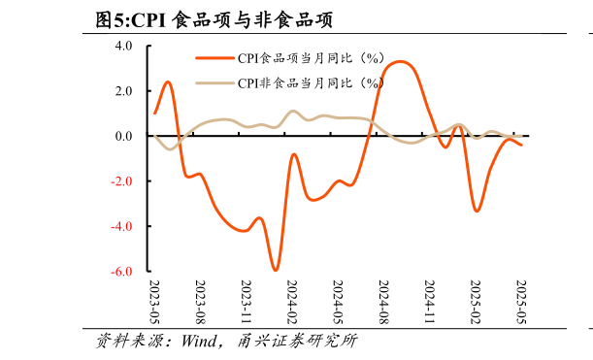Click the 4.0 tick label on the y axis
click(124, 46)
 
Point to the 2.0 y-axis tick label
click(124, 91)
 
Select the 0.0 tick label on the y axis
click(124, 136)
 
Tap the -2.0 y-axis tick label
click(122, 181)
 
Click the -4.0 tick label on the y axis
click(122, 227)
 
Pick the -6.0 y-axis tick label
click(122, 272)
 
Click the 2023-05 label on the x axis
click(155, 302)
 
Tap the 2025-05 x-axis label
click(520, 302)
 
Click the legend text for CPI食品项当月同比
click(312, 58)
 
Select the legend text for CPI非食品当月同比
click(312, 82)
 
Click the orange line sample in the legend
click(215, 58)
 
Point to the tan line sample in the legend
click(215, 82)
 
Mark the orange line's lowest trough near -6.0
click(276, 270)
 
